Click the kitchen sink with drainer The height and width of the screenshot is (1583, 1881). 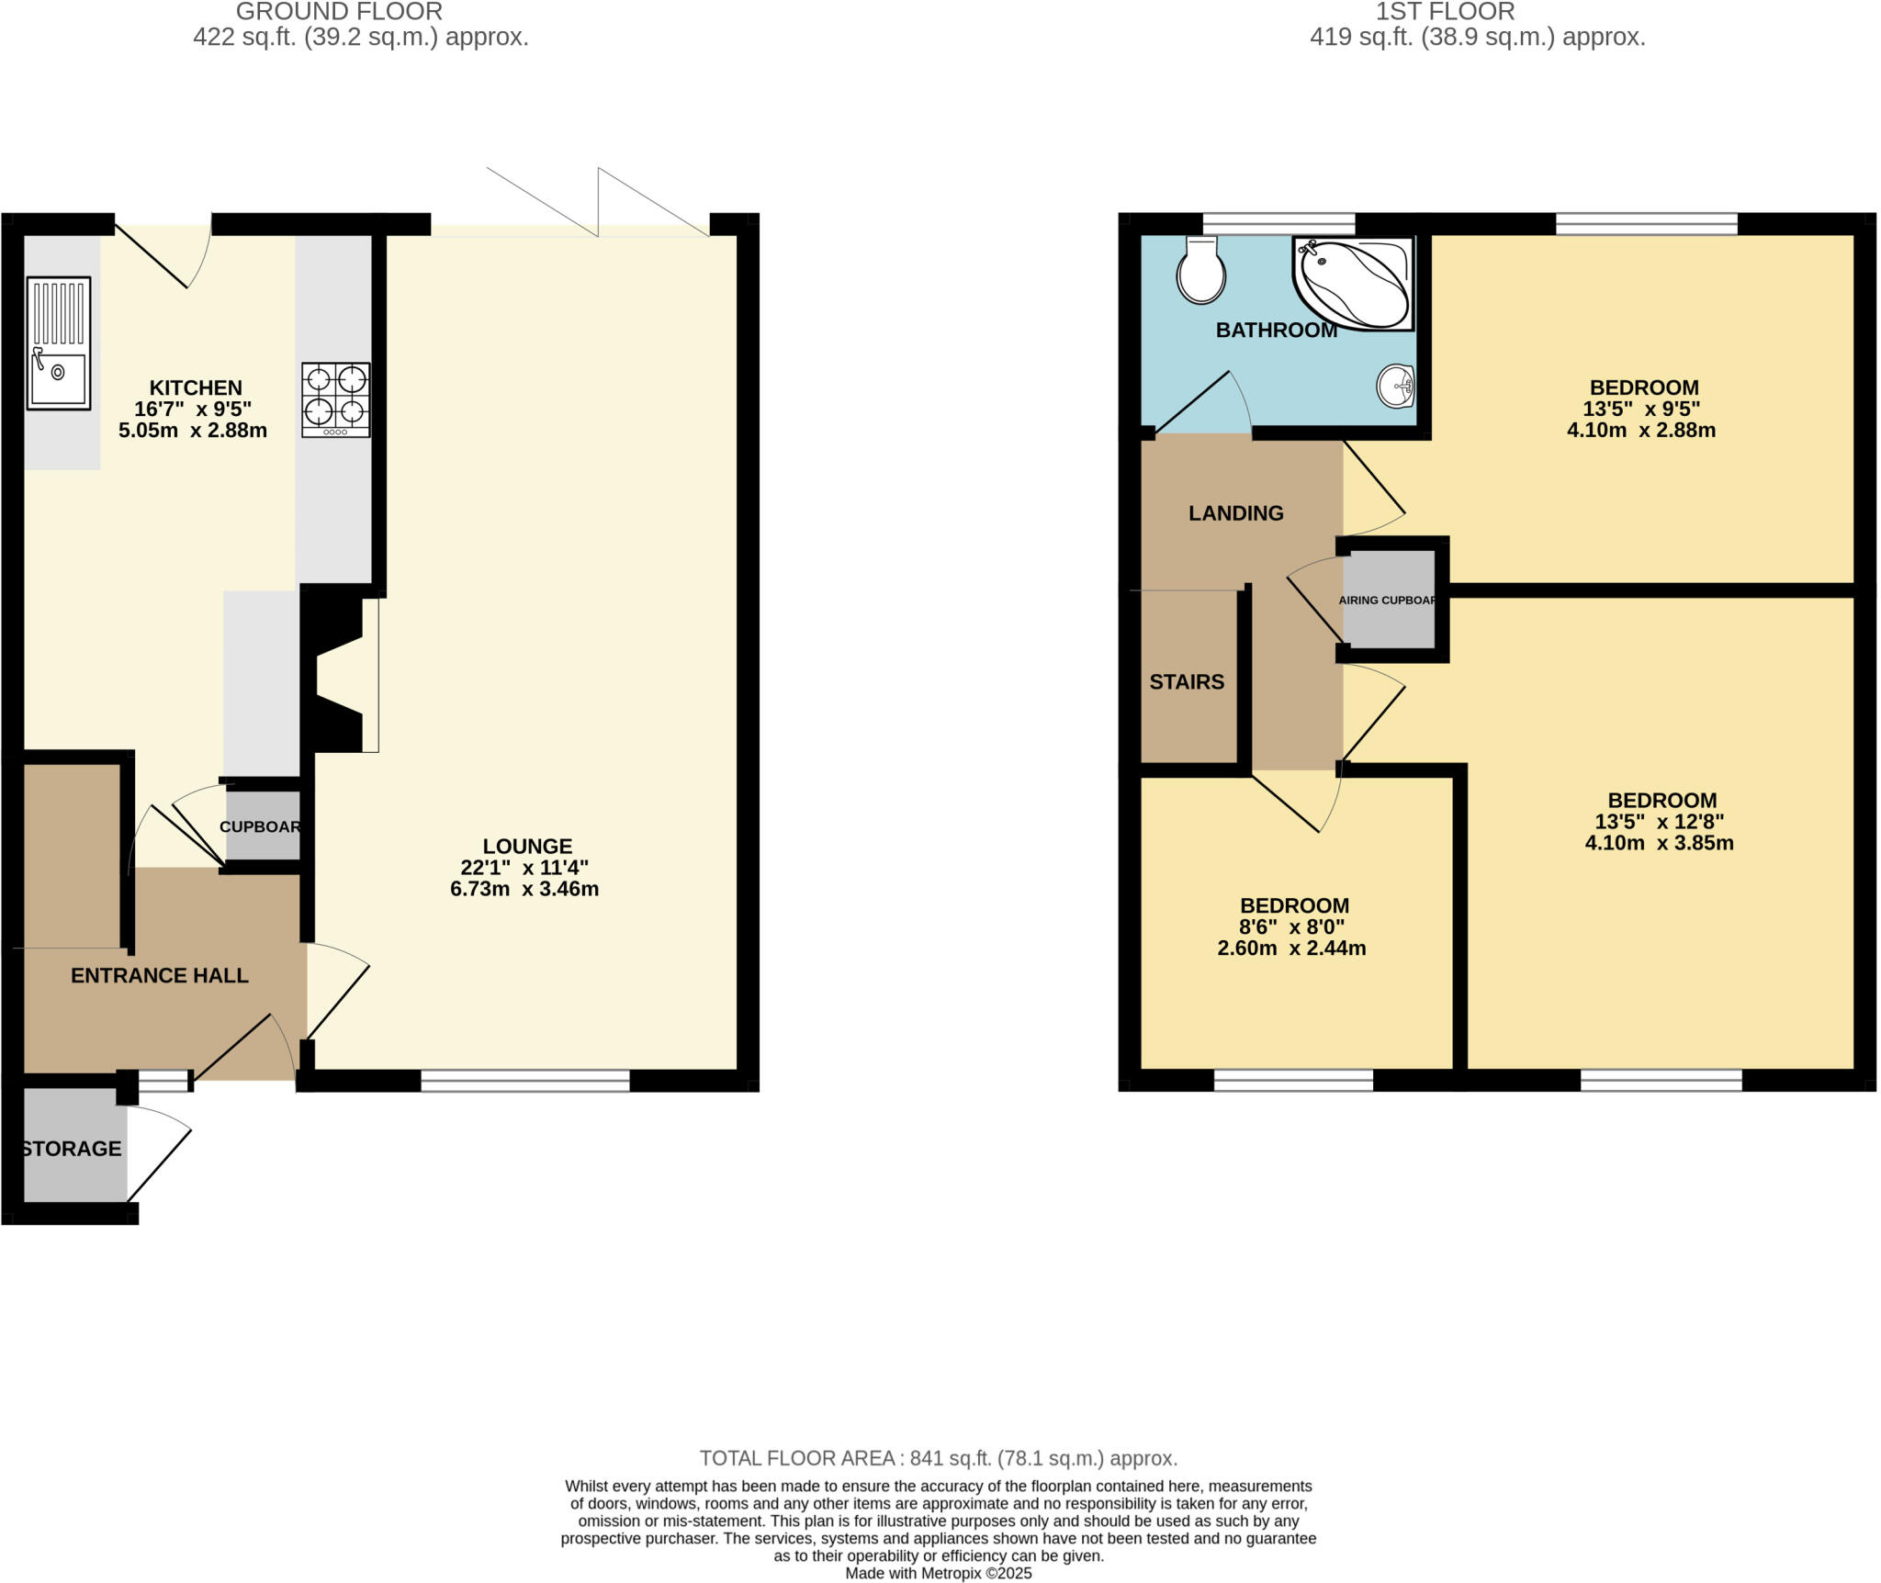pos(59,342)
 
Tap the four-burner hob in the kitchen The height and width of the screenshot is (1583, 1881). pos(336,399)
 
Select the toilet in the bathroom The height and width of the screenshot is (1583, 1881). pos(1200,270)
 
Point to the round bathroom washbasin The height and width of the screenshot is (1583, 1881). pos(1395,386)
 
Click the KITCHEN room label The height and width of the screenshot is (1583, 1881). pos(196,387)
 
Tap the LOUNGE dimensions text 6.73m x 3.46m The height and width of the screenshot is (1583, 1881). pos(524,889)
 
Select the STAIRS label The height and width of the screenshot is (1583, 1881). pos(1187,681)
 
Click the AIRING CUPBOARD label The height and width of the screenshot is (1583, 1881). pos(1388,601)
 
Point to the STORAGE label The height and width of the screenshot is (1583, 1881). pos(72,1149)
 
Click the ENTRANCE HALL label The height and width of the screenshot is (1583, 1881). pos(160,975)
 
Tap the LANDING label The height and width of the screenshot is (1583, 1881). pos(1235,513)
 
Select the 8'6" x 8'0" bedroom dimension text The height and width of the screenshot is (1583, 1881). pos(1294,927)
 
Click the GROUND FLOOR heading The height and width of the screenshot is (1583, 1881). pos(339,12)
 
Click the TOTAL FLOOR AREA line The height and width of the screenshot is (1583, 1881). pos(938,1458)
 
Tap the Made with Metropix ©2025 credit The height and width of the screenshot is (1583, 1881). pos(938,1574)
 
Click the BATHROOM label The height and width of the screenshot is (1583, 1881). pos(1276,331)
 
